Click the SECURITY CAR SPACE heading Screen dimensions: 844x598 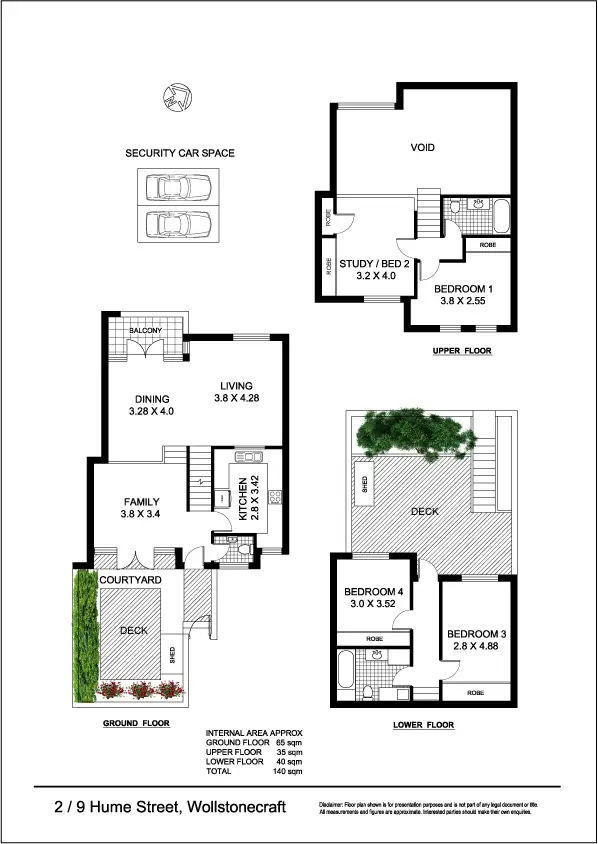(x=180, y=153)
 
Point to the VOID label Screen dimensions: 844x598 (x=423, y=148)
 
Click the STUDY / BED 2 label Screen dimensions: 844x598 (x=368, y=265)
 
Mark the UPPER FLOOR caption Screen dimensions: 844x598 (x=461, y=352)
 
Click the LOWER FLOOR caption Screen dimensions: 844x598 (x=424, y=724)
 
